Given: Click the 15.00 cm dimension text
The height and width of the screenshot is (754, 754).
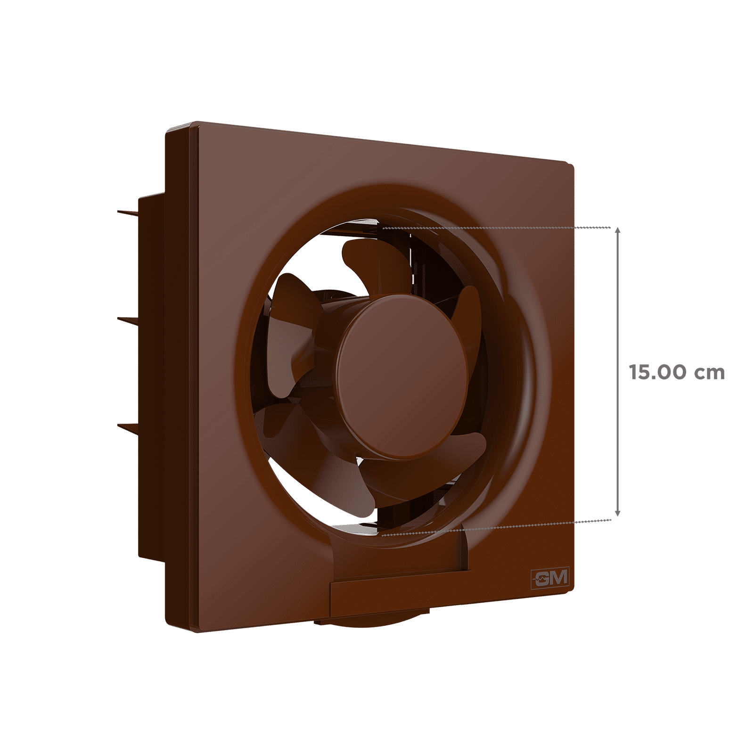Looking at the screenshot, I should click(677, 373).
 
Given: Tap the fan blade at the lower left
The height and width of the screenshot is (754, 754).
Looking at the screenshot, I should click(292, 434).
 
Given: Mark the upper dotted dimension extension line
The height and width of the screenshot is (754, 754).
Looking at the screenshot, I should click(495, 227).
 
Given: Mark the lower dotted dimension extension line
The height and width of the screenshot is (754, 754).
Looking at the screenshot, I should click(495, 528).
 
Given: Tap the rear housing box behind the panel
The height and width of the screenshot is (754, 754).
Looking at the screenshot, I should click(151, 377).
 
